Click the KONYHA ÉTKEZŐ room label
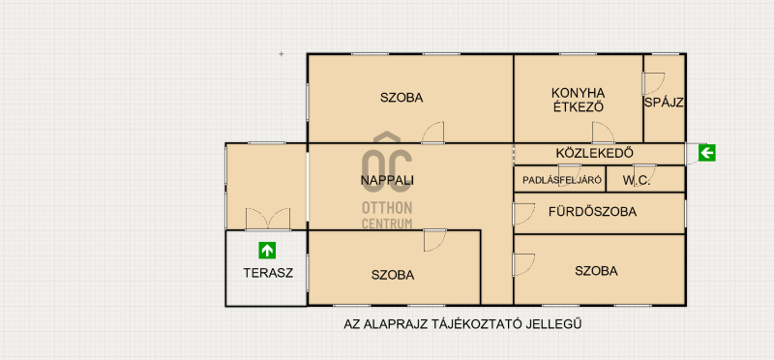579,100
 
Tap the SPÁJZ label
664,103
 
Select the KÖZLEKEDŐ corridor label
594,153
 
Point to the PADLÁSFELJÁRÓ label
562,180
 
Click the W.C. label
637,181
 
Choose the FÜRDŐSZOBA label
592,212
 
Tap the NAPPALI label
387,181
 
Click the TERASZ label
268,273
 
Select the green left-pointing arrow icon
707,153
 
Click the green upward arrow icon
267,251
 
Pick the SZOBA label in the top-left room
402,98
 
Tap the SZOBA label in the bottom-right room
596,271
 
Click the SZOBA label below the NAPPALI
393,275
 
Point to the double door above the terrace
268,219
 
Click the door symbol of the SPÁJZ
653,84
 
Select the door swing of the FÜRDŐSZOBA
523,214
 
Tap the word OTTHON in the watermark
387,207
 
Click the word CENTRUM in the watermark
387,224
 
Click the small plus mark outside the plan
282,54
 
